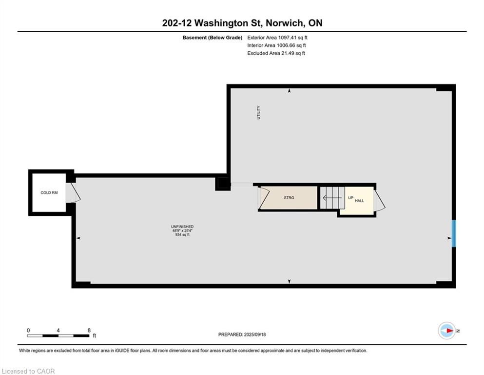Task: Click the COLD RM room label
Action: (x=49, y=193)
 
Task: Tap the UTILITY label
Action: (x=259, y=113)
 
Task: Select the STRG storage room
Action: (x=289, y=198)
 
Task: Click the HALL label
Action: (x=359, y=201)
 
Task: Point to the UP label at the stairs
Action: (x=350, y=197)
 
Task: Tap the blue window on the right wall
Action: (x=453, y=233)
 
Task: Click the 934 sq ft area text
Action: (x=182, y=235)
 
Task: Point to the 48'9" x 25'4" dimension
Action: (x=182, y=230)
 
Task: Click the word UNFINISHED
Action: (x=182, y=227)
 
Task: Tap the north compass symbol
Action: (x=446, y=331)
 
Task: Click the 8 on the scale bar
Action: (x=89, y=331)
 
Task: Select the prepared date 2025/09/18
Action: (x=242, y=334)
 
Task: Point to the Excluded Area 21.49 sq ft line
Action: (x=276, y=53)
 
